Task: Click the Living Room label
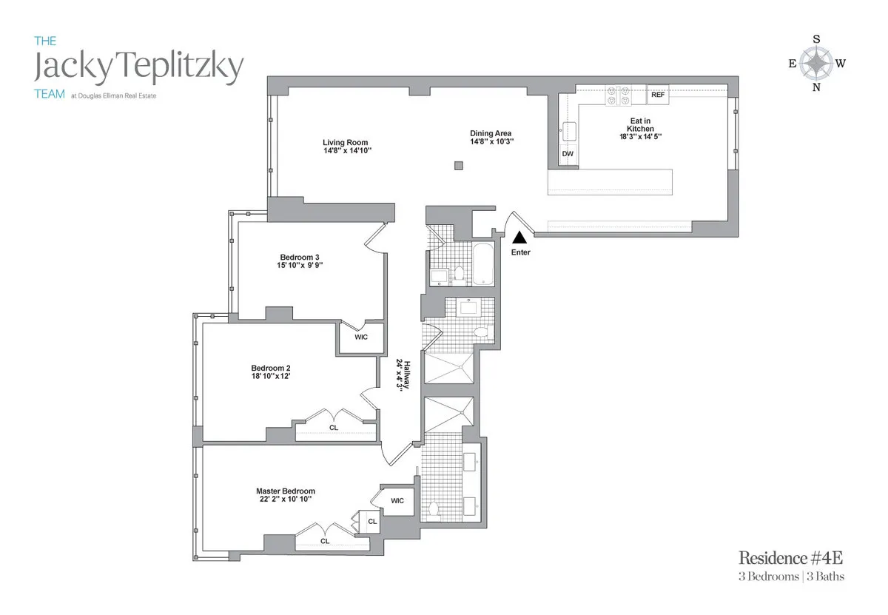point(345,143)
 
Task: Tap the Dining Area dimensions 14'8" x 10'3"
point(491,141)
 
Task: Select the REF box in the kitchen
point(658,95)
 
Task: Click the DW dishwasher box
point(568,154)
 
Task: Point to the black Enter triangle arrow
point(520,238)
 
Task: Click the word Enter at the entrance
point(520,252)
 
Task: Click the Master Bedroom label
point(286,491)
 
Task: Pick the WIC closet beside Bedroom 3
point(360,337)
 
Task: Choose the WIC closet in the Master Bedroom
point(397,500)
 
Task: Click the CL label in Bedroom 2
point(334,427)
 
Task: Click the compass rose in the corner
point(816,64)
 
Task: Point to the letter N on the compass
point(817,89)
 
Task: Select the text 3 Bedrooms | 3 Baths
point(791,577)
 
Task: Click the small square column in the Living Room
point(459,165)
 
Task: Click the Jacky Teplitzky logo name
point(139,68)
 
